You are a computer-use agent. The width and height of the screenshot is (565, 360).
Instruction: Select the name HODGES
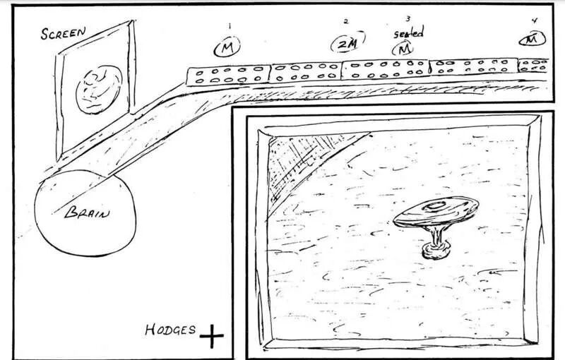point(170,330)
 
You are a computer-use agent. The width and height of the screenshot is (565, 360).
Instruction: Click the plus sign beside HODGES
point(210,337)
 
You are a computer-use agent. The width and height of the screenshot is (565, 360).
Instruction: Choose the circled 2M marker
point(345,44)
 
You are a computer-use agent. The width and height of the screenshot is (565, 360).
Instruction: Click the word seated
point(408,33)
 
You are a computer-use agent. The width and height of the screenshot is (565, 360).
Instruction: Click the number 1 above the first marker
point(228,25)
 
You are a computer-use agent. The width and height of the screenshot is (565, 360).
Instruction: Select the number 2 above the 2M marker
point(345,21)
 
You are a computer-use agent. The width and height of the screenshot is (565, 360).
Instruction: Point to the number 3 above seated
point(408,19)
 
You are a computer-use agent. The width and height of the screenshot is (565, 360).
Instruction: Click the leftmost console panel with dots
point(228,76)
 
